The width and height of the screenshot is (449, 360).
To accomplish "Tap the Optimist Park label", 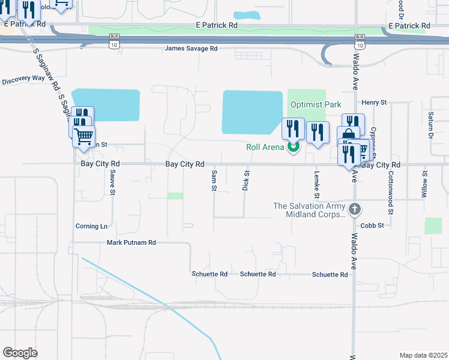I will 316,104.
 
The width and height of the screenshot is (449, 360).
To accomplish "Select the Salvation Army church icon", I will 355,209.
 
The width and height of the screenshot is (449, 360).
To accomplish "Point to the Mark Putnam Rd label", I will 131,242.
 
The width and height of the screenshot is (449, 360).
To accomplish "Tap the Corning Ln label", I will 91,226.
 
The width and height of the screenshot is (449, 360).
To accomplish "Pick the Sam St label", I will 214,181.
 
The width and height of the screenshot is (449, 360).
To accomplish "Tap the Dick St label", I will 246,181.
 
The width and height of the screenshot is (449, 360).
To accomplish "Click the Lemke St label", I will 316,184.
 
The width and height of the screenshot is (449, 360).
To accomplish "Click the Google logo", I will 20,352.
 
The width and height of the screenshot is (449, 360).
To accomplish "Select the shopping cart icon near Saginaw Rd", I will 83,136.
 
